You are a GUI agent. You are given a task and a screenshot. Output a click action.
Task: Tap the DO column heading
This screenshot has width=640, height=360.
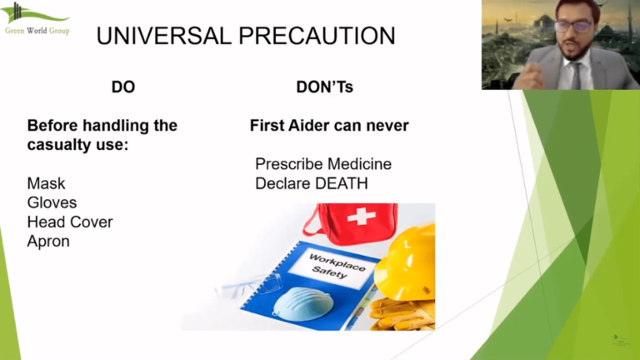122,87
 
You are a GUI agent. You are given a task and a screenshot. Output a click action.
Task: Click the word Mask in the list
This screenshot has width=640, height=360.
46,183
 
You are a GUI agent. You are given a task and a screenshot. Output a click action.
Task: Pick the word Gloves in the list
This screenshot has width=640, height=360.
52,202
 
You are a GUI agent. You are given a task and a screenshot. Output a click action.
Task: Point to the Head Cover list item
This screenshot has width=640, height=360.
69,222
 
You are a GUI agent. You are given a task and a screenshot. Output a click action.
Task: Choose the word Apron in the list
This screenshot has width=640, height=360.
48,242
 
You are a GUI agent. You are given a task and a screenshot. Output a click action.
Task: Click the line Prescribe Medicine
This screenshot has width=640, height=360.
323,164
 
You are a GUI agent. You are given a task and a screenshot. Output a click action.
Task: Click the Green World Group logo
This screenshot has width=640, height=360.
36,18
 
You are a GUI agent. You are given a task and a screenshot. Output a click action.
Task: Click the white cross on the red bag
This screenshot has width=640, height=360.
361,217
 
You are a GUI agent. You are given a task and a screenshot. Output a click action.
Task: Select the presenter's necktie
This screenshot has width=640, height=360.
576,75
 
